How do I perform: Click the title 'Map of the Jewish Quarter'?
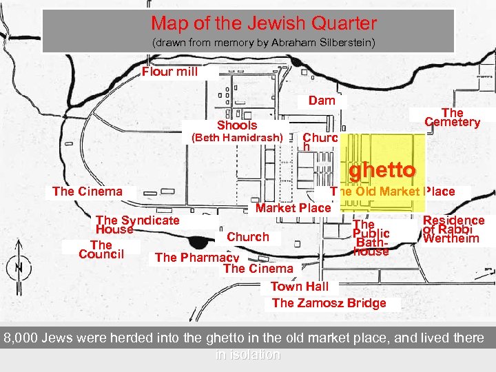264,23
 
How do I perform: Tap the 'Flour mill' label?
169,72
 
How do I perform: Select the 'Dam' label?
322,101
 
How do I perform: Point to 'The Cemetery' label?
452,117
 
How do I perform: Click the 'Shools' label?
237,125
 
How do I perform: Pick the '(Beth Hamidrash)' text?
236,138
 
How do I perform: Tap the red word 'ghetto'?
382,169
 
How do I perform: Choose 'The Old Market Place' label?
393,192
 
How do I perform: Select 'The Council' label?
101,249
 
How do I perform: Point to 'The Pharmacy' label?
196,257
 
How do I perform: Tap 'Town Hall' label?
300,286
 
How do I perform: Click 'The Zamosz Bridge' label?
329,302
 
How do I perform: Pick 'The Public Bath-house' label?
371,238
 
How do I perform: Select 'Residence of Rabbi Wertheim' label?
453,229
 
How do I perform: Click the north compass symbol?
19,265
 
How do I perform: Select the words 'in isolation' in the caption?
248,355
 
